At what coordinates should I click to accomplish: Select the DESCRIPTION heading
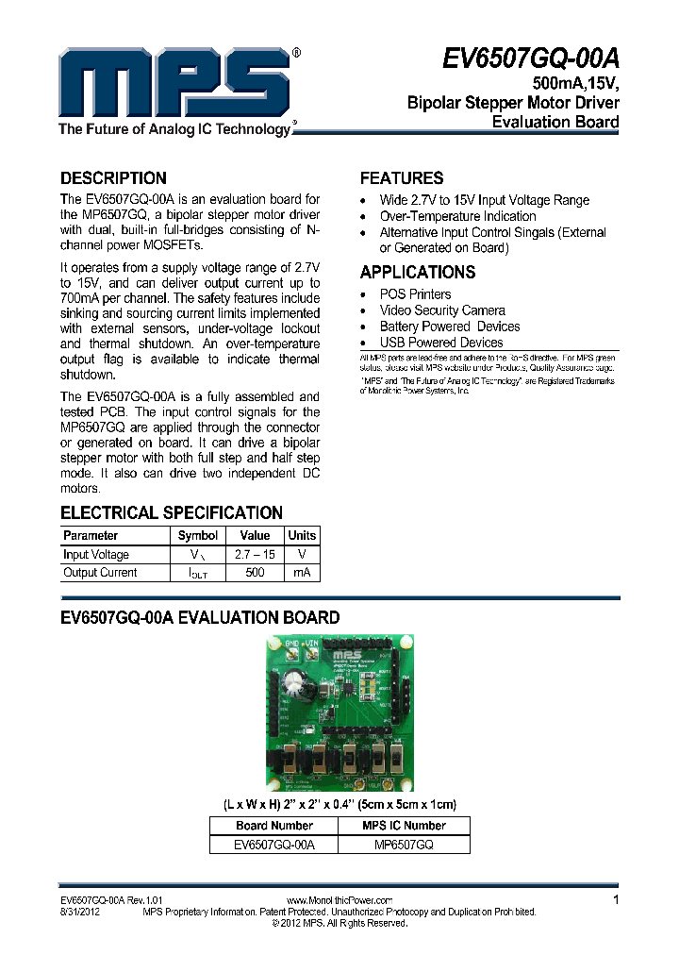point(113,177)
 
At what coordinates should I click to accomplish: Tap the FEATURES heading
point(402,177)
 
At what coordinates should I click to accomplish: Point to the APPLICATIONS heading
point(418,272)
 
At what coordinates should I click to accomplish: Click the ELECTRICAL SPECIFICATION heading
point(172,512)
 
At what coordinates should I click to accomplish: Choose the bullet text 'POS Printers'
point(415,294)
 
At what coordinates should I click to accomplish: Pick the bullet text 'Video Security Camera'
point(442,310)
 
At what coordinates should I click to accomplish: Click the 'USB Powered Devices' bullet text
point(441,343)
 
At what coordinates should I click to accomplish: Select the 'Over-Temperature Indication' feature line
point(457,216)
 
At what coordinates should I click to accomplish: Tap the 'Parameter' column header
point(91,536)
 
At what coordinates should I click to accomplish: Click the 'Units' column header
point(302,536)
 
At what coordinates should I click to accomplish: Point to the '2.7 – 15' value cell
point(255,555)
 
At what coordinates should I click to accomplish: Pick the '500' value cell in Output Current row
point(255,573)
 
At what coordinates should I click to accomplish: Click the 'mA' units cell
point(302,573)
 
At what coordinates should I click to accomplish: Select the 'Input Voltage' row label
point(96,555)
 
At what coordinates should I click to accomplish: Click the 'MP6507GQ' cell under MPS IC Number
point(404,846)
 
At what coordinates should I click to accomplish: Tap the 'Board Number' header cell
point(274,826)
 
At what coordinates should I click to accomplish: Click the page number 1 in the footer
point(616,900)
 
